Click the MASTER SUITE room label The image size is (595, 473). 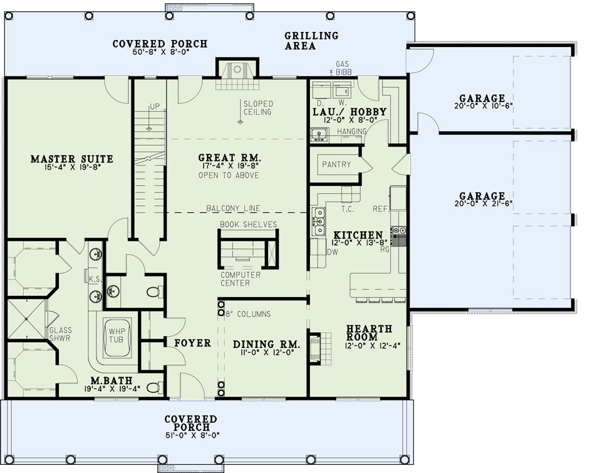72,159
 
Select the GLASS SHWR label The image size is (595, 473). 60,334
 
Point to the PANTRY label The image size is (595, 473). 336,165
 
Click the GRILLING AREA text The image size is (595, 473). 311,41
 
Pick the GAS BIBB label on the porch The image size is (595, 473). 342,68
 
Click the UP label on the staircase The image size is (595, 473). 155,106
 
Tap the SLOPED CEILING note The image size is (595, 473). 258,108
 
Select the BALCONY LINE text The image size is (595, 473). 233,208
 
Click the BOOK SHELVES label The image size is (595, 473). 248,225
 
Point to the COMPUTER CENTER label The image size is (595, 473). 241,279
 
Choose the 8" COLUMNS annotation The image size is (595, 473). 248,314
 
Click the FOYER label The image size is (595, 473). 192,343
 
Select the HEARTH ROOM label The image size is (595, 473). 364,332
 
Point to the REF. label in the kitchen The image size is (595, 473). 381,209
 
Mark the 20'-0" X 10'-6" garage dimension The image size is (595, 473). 484,106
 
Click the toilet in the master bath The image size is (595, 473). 155,388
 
